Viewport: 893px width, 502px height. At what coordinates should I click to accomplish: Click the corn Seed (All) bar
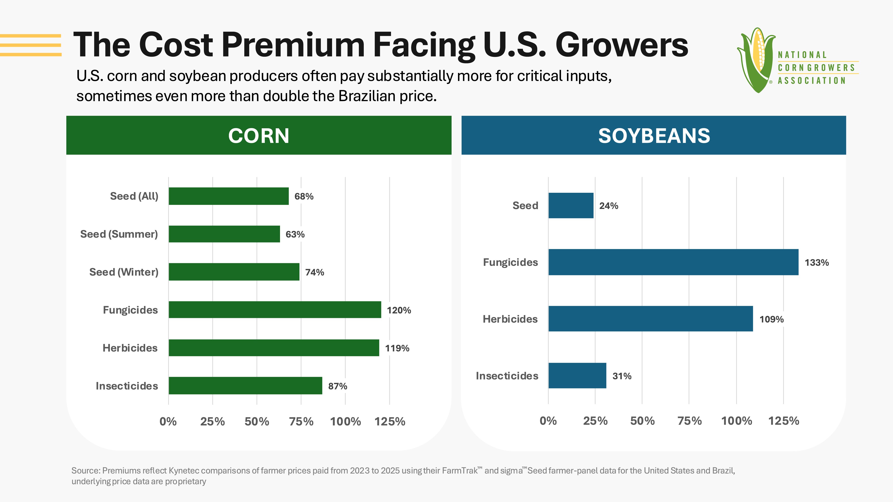coord(229,196)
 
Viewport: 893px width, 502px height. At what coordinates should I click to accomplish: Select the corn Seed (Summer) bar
coord(224,234)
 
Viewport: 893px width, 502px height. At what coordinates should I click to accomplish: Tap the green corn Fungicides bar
coord(275,309)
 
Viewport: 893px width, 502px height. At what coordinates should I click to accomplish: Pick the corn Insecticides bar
coord(245,386)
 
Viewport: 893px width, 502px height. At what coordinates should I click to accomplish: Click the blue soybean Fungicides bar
coord(673,262)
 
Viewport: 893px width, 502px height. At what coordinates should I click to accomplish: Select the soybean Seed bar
coord(571,205)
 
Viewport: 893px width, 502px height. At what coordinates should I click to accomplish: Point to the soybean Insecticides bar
coord(577,375)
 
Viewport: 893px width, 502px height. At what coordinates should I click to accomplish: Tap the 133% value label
coord(817,263)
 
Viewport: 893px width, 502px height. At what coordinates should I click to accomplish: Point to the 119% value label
coord(397,348)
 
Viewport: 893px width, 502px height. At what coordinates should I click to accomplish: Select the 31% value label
coord(622,376)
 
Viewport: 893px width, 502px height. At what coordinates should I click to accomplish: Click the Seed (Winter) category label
coord(124,272)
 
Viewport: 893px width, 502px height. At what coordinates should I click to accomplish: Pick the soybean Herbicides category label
coord(510,319)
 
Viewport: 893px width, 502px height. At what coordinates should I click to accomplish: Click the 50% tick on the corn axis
coord(257,422)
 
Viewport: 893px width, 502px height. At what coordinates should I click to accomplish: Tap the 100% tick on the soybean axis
coord(737,421)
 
